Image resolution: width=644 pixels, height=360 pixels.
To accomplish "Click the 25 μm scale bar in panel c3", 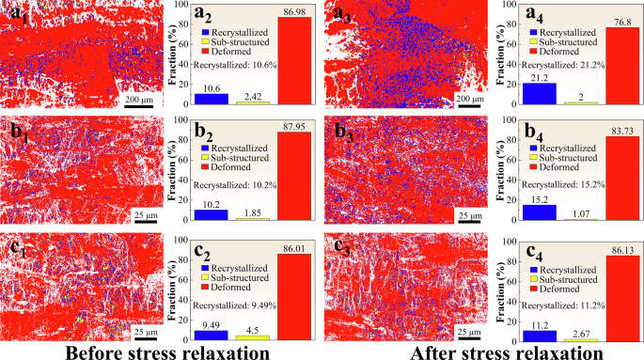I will (x=467, y=337).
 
